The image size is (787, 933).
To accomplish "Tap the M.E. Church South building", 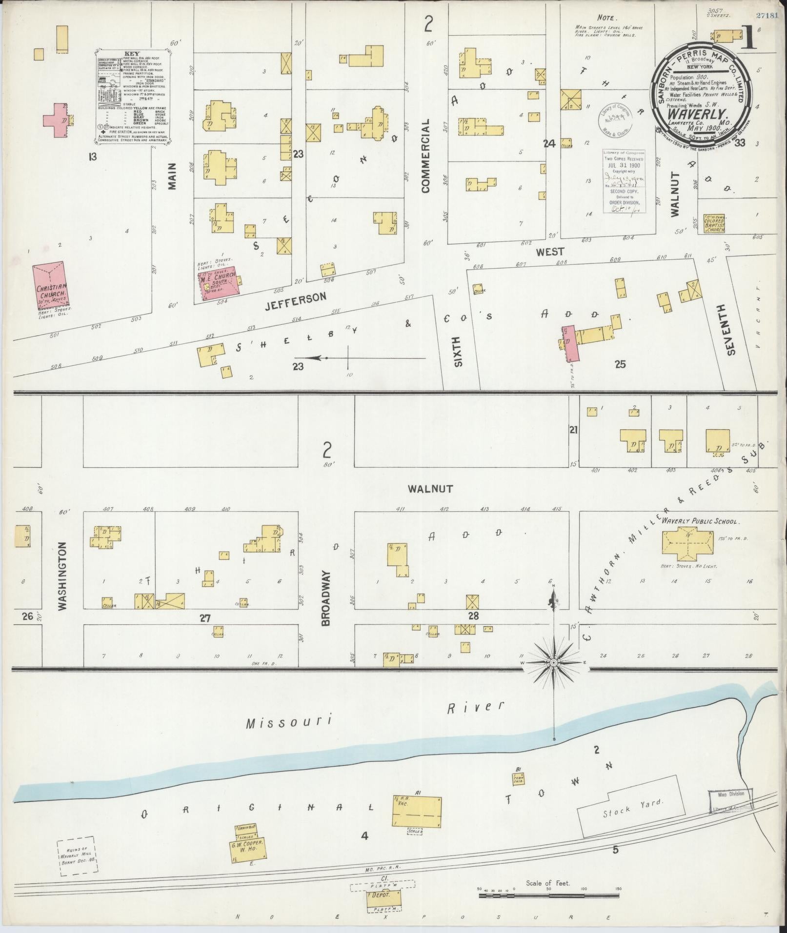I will click(x=219, y=282).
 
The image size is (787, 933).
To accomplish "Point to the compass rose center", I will click(x=554, y=663).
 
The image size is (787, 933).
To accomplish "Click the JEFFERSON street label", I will click(x=295, y=299).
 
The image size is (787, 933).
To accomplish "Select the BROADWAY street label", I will click(x=326, y=598).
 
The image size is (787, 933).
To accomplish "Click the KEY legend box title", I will click(x=132, y=54).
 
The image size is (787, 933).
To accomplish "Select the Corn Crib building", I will click(x=518, y=779).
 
